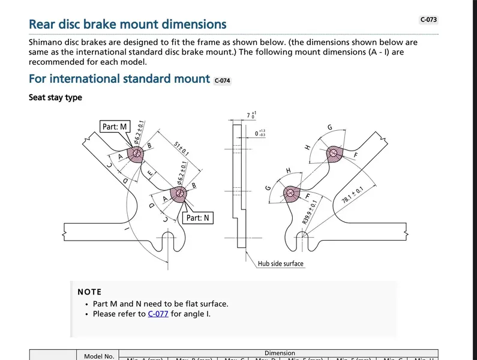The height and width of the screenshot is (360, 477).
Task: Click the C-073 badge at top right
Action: pos(428,19)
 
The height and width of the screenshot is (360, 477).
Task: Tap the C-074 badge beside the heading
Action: pos(222,80)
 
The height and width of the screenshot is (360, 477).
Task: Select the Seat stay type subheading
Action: pos(55,97)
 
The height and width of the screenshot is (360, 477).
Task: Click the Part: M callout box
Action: pos(115,127)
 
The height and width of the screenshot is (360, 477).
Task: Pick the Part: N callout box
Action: pos(197,218)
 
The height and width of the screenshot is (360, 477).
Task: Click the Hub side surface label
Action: pos(281,263)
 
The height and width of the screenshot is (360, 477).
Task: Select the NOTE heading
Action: pos(89,292)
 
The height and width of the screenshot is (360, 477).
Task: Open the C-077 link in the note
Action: pos(158,314)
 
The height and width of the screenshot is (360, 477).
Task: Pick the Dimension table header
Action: pos(280,353)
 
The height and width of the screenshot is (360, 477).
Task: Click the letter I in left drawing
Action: pos(127,228)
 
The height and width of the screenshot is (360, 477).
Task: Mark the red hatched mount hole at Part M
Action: pos(137,154)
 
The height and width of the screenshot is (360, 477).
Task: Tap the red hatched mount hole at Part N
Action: pos(178,193)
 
